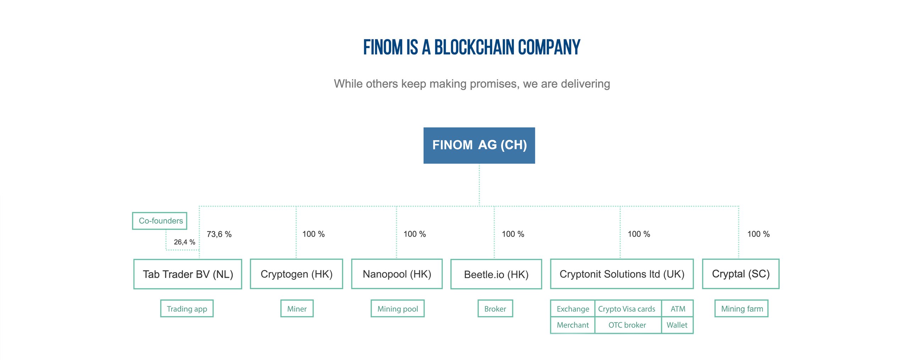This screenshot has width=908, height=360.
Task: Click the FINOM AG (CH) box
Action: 479,145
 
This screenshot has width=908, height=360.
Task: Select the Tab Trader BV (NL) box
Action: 188,274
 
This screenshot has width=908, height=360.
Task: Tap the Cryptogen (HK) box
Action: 297,274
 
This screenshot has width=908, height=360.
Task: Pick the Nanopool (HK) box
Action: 397,274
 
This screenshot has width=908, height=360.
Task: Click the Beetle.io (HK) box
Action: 496,274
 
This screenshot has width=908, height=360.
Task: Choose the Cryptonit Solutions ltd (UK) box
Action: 622,274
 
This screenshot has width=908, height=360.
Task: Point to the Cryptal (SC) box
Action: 741,274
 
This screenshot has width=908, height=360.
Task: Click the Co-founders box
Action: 160,221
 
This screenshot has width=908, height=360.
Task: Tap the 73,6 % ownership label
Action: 219,234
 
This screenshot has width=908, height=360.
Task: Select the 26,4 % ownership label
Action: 184,242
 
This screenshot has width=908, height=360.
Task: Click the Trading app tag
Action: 187,309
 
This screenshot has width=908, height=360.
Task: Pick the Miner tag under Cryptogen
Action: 297,309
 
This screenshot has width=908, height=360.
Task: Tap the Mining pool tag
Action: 398,309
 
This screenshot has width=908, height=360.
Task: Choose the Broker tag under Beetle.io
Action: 495,309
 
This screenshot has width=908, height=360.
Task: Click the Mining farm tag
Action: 742,309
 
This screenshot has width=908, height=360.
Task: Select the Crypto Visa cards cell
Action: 627,309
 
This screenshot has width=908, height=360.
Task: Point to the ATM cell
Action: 678,309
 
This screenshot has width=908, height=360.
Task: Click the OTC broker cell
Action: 627,325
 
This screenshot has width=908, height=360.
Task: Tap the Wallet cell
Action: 677,325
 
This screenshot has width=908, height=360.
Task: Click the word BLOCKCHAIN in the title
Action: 474,47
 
